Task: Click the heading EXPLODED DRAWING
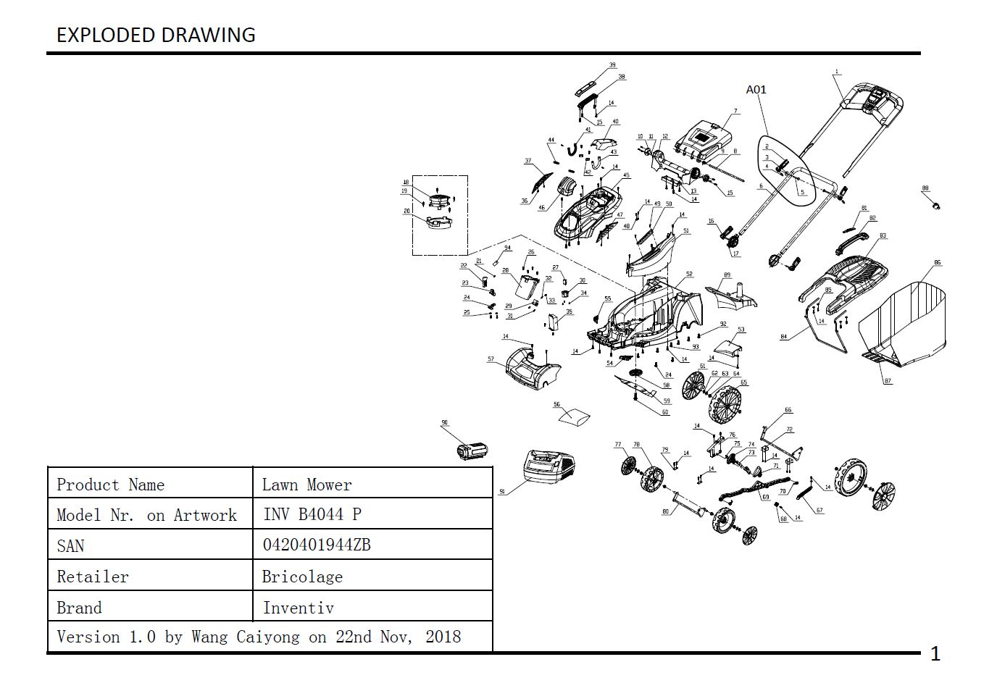click(x=156, y=35)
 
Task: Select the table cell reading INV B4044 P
click(x=312, y=514)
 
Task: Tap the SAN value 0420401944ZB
click(x=316, y=545)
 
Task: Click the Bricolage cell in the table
click(x=302, y=577)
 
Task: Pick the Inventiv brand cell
click(x=298, y=608)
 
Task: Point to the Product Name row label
click(x=110, y=485)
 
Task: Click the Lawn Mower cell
click(x=306, y=485)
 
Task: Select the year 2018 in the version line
click(x=443, y=637)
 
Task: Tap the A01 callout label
click(x=756, y=90)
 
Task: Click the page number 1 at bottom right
click(x=935, y=654)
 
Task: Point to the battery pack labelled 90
click(x=472, y=451)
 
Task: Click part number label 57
click(x=491, y=359)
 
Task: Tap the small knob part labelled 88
click(x=935, y=204)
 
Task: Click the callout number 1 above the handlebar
click(x=837, y=72)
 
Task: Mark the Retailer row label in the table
click(x=92, y=577)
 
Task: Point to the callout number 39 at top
click(x=612, y=65)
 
